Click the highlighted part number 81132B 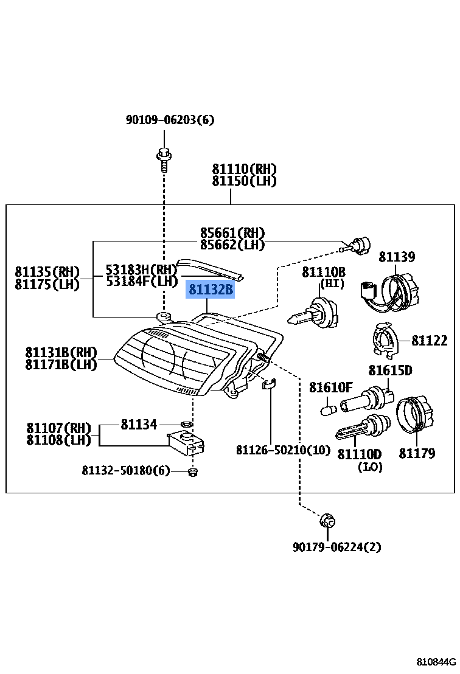click(x=211, y=290)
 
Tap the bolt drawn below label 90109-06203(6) click(x=162, y=158)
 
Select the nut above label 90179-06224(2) click(x=327, y=521)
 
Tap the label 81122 click(x=430, y=341)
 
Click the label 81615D click(x=390, y=370)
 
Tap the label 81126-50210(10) click(x=283, y=450)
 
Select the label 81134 click(x=139, y=425)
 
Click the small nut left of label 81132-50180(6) click(x=193, y=472)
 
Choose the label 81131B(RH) click(x=61, y=352)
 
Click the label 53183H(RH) click(x=141, y=269)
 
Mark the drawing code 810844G click(x=436, y=662)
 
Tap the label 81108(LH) click(x=58, y=439)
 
